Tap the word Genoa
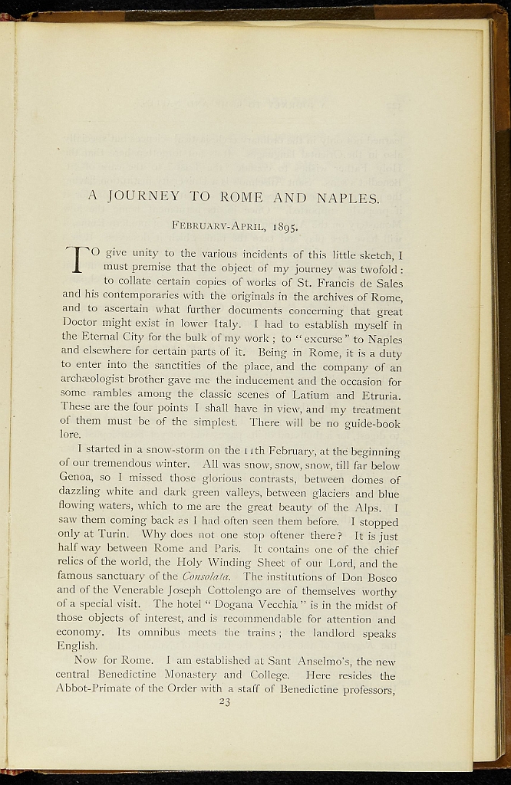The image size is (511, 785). pyautogui.click(x=75, y=480)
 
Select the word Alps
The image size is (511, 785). pyautogui.click(x=359, y=507)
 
